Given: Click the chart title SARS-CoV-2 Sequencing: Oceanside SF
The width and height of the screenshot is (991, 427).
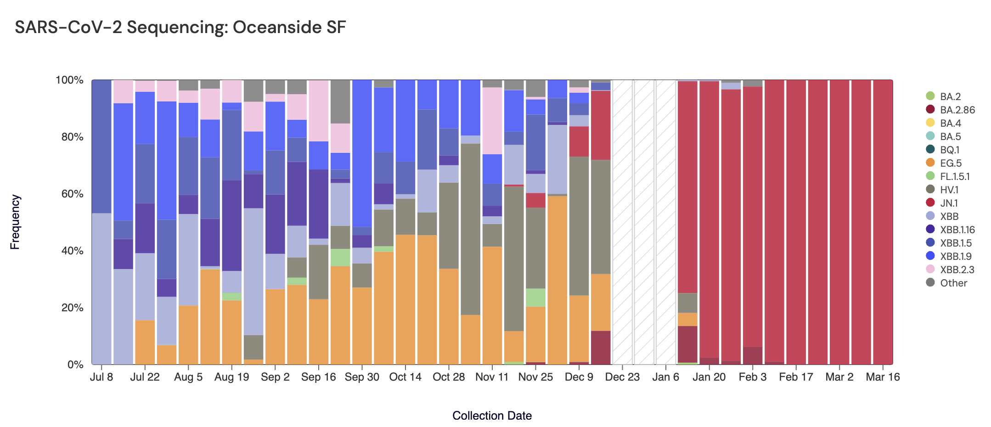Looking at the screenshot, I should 180,28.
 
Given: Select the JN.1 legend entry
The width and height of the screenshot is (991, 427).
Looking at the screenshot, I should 949,203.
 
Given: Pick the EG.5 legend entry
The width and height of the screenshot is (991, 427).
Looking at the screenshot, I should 951,163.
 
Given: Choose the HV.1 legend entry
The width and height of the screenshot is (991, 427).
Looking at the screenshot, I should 949,190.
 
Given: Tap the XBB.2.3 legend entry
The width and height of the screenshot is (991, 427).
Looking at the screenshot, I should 957,270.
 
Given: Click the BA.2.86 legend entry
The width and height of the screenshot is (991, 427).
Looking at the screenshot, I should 957,110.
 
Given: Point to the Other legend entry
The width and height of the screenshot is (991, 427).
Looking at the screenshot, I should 953,283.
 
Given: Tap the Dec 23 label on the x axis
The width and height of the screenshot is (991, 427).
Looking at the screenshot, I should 622,377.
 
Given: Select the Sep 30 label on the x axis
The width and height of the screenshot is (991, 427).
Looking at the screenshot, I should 362,377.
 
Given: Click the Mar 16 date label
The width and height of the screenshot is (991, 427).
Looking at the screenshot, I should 883,377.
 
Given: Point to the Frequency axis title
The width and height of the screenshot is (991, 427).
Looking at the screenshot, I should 15,222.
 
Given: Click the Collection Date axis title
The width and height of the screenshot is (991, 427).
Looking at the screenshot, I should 492,416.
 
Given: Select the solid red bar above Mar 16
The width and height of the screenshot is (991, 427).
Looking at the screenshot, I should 883,220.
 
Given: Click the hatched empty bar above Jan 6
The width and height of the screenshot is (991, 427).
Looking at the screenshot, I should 666,220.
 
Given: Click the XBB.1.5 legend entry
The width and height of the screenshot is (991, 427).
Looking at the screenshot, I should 956,243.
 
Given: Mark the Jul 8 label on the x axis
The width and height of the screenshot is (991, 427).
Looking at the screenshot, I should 101,377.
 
